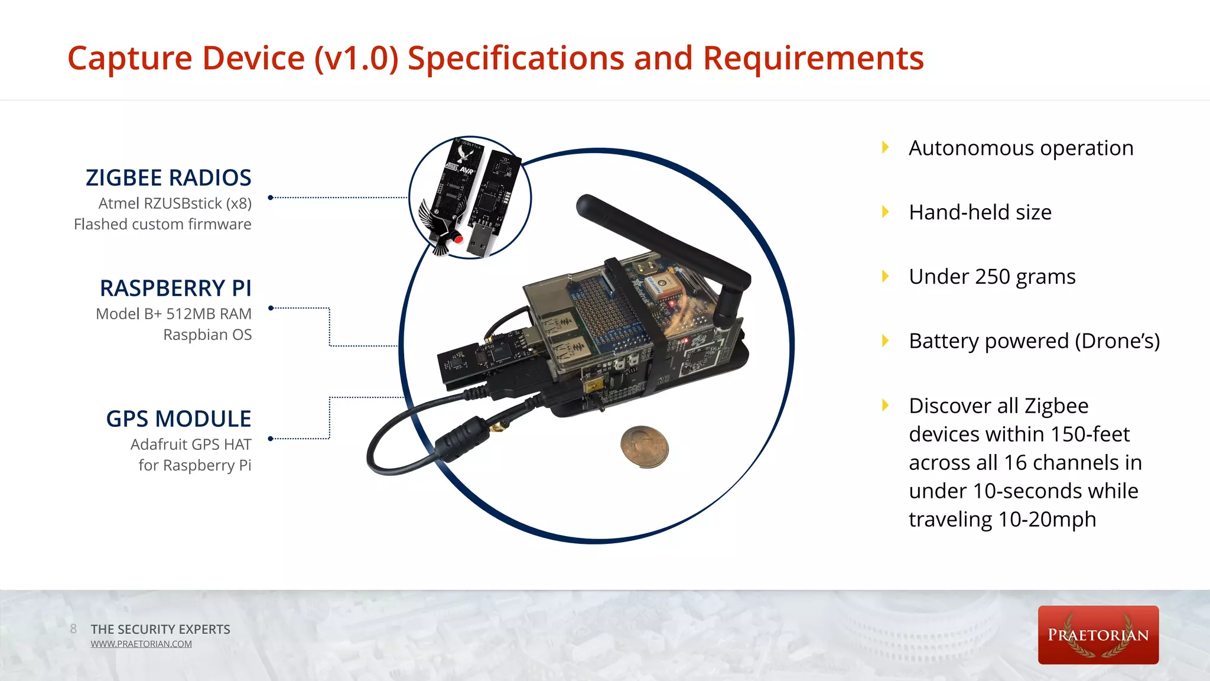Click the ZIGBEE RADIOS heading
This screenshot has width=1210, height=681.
tap(168, 177)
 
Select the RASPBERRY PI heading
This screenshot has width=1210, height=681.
tap(175, 288)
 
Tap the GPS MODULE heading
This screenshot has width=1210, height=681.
tap(178, 419)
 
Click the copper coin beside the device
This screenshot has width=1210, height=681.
tap(645, 446)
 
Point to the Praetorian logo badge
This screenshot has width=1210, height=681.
tap(1098, 635)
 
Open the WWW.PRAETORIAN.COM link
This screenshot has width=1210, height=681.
tap(141, 644)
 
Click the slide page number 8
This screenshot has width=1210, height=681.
tap(73, 629)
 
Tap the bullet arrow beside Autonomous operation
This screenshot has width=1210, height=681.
tap(885, 147)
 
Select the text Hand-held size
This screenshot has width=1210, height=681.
tap(980, 212)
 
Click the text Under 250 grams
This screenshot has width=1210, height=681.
tap(992, 277)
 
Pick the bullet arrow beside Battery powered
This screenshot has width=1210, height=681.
tap(885, 340)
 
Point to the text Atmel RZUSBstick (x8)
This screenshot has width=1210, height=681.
tap(175, 203)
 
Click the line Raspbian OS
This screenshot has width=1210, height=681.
tap(207, 335)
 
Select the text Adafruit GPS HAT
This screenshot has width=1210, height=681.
tap(191, 445)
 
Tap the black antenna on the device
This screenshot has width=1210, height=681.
tap(662, 236)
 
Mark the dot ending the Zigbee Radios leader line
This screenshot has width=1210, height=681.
tap(271, 197)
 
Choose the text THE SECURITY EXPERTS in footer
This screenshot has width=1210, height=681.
tap(160, 629)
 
